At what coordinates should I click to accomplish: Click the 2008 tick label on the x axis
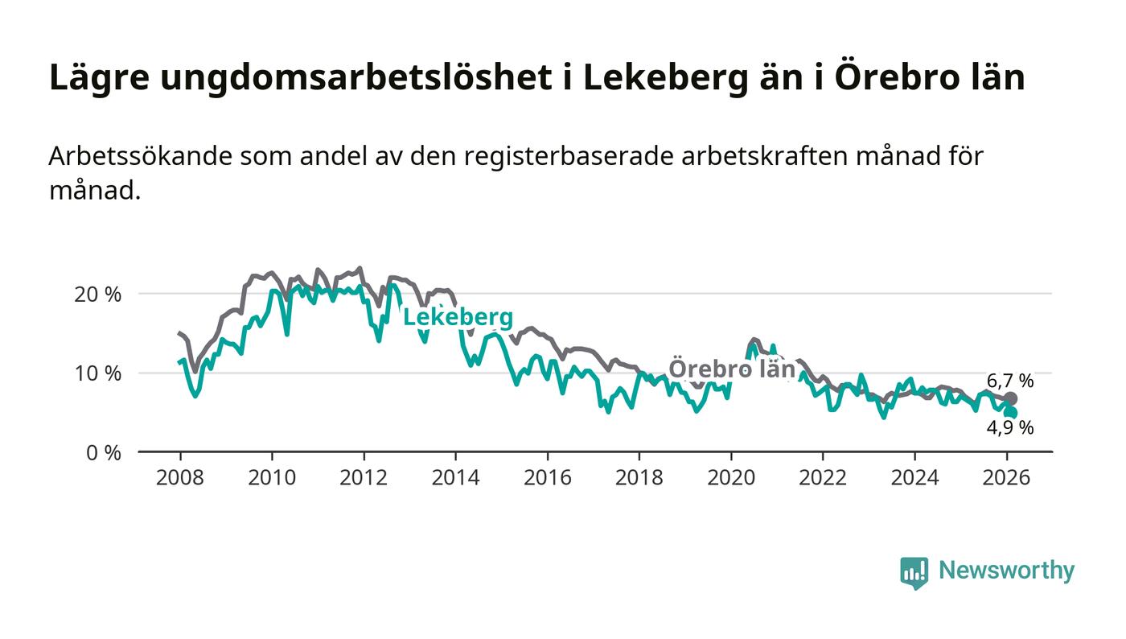179,477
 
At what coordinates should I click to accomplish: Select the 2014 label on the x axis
455,477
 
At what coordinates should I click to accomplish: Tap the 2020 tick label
730,477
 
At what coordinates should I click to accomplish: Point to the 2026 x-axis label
1006,477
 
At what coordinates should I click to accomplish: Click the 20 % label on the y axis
97,295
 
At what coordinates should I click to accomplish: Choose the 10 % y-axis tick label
97,373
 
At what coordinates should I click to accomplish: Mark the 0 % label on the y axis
102,453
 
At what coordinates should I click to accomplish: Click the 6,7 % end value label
1009,381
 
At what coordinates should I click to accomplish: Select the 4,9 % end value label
1009,428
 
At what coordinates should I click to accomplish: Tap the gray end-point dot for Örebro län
1011,398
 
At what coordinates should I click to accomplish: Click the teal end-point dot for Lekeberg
1011,413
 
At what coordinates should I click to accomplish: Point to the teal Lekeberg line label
458,318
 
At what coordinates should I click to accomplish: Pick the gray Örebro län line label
732,369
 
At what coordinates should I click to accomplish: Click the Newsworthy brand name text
1006,571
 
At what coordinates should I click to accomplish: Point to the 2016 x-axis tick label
547,477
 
